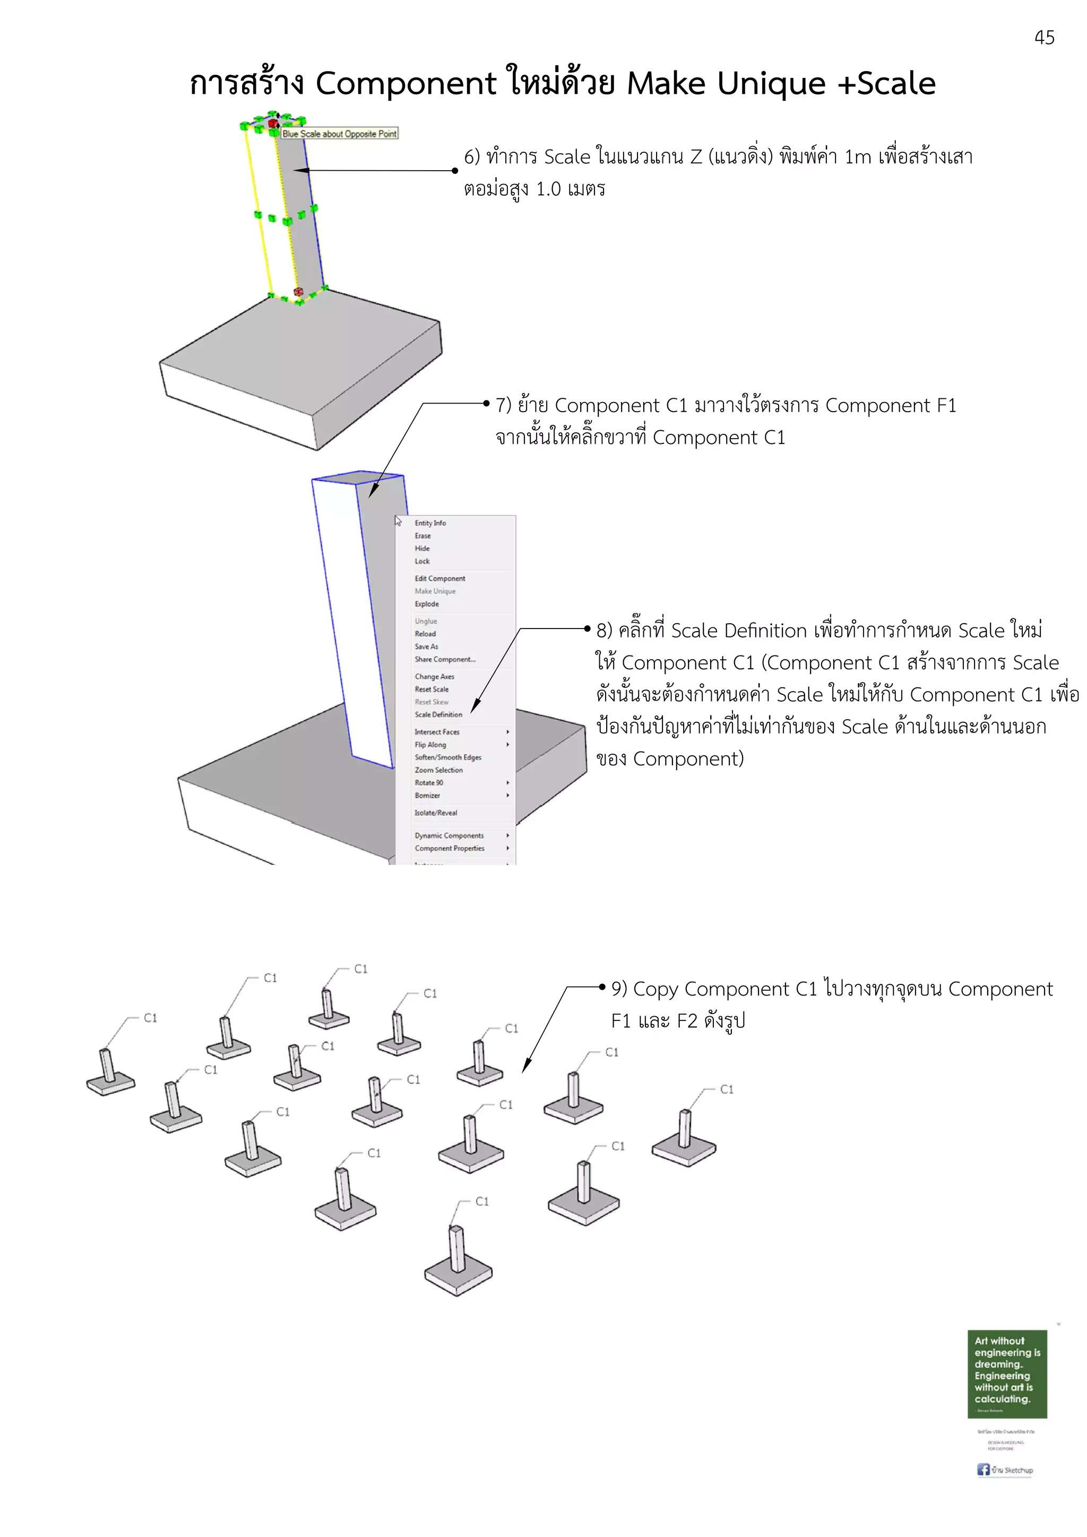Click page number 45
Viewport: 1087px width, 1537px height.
pos(1043,38)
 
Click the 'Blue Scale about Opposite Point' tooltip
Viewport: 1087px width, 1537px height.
pos(340,134)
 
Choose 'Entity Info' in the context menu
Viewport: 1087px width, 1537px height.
pos(430,523)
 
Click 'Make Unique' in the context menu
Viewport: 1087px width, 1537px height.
pos(435,591)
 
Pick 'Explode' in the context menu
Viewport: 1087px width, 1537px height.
pos(427,604)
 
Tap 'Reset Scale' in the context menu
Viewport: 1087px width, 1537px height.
pos(432,689)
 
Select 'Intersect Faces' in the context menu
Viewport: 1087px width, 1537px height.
pos(437,732)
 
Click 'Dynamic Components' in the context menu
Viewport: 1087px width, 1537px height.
pos(448,835)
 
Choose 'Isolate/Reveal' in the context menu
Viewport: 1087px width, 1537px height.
pos(435,813)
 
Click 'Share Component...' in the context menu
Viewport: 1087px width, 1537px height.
pos(445,659)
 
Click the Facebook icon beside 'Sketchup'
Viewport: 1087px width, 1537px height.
pos(982,1470)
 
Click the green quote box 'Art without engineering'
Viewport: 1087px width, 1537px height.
pos(1007,1373)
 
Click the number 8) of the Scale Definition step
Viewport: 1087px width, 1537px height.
pos(604,631)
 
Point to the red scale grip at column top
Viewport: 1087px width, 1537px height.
pos(273,123)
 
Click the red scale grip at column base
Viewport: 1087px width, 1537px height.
pos(298,292)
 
